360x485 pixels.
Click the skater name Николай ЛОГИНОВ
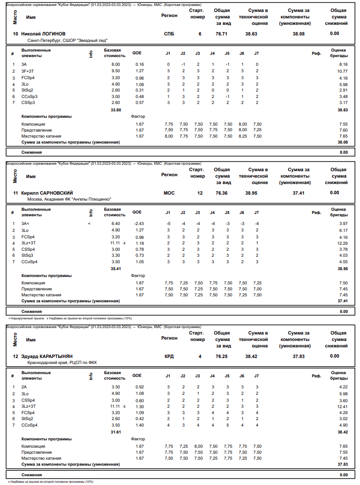coord(43,34)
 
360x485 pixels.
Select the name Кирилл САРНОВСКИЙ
coord(47,193)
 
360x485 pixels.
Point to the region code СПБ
coord(169,34)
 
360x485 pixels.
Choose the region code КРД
coord(169,356)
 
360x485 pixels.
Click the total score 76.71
coord(221,34)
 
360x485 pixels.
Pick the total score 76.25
coord(221,356)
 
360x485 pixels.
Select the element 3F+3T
coord(28,71)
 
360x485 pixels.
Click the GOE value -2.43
coord(139,224)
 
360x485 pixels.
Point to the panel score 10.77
coord(342,71)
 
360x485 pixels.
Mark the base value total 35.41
coord(116,269)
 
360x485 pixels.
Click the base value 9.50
coord(116,71)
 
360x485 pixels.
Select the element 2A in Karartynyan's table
coord(24,387)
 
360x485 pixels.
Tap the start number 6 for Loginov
coord(200,34)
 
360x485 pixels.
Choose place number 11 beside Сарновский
coord(16,193)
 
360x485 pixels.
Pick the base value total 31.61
coord(116,432)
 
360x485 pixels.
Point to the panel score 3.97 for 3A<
coord(343,224)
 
